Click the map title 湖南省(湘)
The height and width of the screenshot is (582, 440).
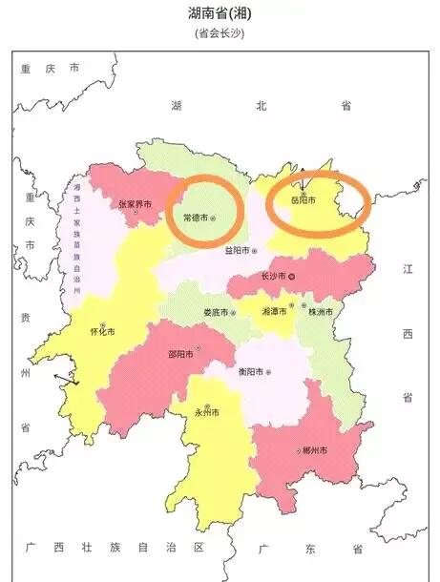(220, 13)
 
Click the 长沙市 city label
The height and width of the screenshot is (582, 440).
(272, 277)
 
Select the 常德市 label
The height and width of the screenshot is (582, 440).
(193, 218)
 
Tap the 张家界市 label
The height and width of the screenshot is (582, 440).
(136, 204)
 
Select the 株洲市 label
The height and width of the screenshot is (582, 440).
(319, 312)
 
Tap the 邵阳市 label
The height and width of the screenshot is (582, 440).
(179, 353)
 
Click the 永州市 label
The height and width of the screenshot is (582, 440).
(206, 413)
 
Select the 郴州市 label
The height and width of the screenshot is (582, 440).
(313, 450)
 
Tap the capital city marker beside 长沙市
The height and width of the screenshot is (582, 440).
(293, 277)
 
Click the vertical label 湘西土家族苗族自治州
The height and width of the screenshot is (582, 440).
(76, 235)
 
